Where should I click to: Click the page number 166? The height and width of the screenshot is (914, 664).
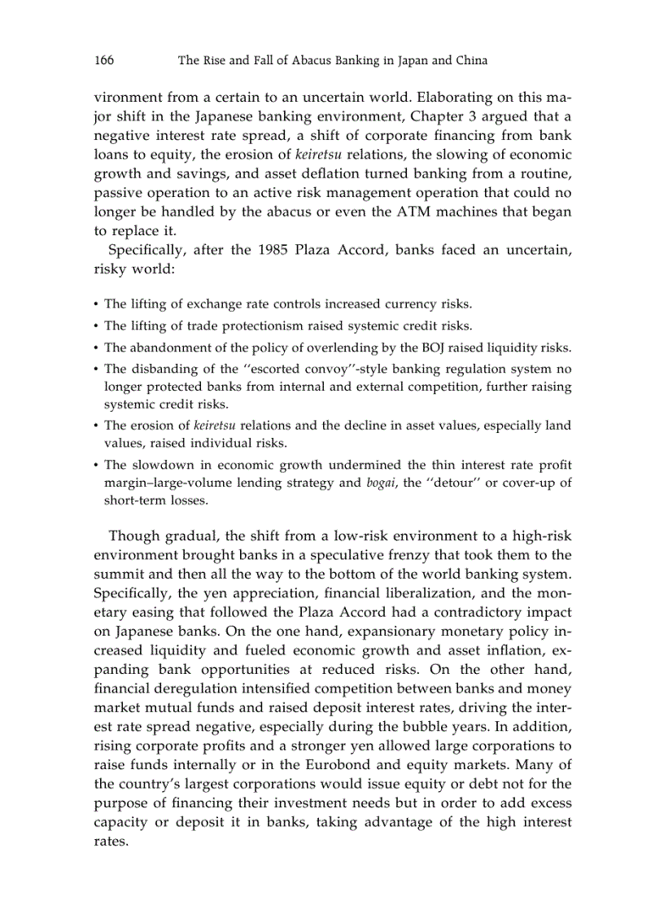103,60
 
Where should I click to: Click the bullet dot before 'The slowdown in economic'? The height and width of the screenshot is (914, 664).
97,466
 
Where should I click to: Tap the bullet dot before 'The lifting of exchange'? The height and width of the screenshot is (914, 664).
97,304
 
